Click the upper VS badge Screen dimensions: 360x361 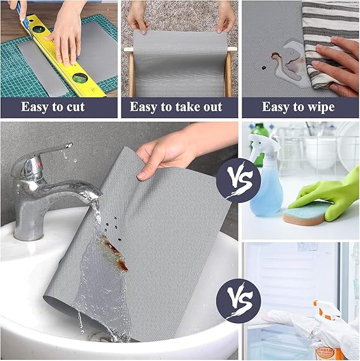coord(239,180)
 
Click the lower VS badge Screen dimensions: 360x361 coord(239,301)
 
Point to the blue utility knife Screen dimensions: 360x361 coord(22,16)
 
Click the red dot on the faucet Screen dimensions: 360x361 coord(39,164)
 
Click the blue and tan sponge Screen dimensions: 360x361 coord(306,213)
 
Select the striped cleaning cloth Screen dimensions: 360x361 coord(330,44)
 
